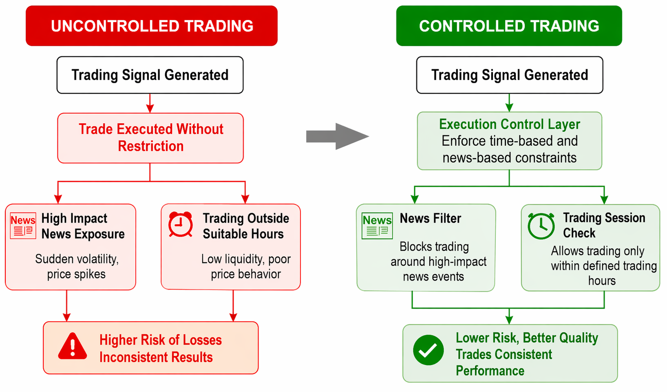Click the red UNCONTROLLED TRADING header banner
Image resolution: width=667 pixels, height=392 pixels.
click(152, 26)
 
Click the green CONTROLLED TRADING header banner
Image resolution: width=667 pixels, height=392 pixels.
click(509, 26)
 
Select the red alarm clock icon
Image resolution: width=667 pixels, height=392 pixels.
click(181, 224)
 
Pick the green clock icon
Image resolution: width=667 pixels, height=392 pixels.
click(541, 226)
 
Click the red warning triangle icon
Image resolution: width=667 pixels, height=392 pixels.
click(73, 347)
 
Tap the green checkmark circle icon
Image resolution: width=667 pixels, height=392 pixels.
click(428, 350)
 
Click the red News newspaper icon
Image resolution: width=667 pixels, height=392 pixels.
click(23, 225)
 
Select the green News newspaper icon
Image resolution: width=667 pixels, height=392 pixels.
click(377, 226)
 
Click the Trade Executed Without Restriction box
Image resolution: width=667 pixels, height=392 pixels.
click(150, 138)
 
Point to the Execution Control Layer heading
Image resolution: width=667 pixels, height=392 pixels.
click(509, 124)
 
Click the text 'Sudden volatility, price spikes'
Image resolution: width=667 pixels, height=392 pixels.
click(77, 266)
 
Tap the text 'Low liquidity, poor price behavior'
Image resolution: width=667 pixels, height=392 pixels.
click(246, 266)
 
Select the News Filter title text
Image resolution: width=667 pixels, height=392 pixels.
click(430, 218)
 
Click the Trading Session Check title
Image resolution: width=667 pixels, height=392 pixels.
click(604, 225)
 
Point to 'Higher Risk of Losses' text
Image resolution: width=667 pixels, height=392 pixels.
click(161, 340)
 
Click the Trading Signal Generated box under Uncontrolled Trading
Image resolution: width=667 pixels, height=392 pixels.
click(150, 75)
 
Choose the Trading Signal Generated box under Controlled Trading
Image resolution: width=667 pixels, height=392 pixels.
click(510, 75)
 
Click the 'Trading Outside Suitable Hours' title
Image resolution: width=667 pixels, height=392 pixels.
click(246, 226)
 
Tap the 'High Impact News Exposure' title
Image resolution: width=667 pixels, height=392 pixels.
click(83, 226)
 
